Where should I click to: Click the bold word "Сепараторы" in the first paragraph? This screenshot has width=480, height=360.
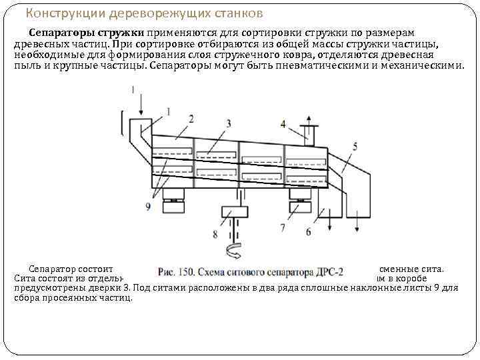pyautogui.click(x=57, y=33)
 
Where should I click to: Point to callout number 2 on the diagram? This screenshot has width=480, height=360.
pyautogui.click(x=191, y=118)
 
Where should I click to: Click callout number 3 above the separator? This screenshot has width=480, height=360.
pyautogui.click(x=229, y=123)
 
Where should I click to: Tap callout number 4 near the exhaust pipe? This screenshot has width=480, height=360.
pyautogui.click(x=283, y=123)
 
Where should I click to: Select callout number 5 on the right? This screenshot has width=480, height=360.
pyautogui.click(x=355, y=146)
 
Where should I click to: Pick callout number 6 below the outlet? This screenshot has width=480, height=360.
pyautogui.click(x=308, y=231)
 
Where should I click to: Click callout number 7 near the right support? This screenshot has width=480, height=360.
pyautogui.click(x=283, y=227)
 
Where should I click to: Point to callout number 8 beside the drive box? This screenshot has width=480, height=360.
pyautogui.click(x=215, y=233)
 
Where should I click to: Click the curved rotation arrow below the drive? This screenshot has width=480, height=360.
pyautogui.click(x=235, y=251)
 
